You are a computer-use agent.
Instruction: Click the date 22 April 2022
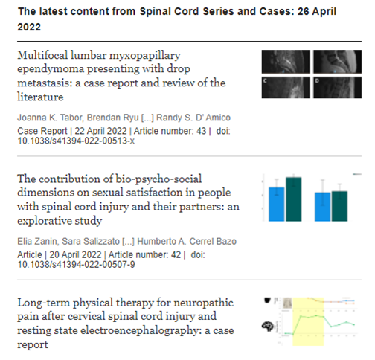pyautogui.click(x=89, y=131)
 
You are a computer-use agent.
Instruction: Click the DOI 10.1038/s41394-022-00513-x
pyautogui.click(x=76, y=141)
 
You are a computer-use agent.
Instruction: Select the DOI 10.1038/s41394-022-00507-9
pyautogui.click(x=76, y=266)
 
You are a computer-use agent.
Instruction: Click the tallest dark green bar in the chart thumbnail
pyautogui.click(x=294, y=199)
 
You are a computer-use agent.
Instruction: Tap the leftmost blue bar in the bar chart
pyautogui.click(x=277, y=204)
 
